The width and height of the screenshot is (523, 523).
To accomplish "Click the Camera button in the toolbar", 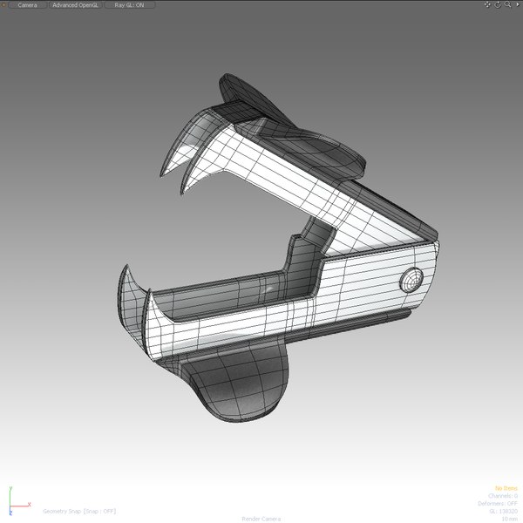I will (x=26, y=4).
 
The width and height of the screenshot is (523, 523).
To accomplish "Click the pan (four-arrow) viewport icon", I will (x=488, y=4).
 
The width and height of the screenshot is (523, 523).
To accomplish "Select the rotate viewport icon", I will (x=498, y=4).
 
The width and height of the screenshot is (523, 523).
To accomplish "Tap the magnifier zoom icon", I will (x=507, y=4).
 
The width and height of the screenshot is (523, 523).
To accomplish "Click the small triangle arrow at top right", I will (x=517, y=4).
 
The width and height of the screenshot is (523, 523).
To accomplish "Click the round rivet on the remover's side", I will (x=409, y=280).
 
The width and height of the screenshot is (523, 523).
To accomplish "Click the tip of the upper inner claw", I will (x=180, y=190).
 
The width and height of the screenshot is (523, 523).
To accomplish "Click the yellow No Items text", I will (x=506, y=488).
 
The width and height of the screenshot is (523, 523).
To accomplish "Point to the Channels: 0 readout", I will (x=503, y=495).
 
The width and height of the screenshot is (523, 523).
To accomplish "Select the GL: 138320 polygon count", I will (x=504, y=511).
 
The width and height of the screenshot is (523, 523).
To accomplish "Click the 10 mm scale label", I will (x=509, y=518).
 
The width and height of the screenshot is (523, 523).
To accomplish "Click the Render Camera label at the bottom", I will (x=261, y=518).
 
